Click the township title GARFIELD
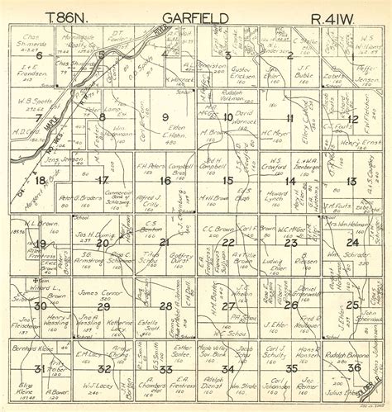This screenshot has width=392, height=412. (x=193, y=17)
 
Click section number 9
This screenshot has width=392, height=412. (x=165, y=116)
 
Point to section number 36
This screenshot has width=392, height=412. (x=354, y=367)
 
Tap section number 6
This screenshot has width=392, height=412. (x=38, y=55)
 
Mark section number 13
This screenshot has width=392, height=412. (x=351, y=181)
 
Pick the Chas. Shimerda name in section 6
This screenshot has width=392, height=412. (x=32, y=39)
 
